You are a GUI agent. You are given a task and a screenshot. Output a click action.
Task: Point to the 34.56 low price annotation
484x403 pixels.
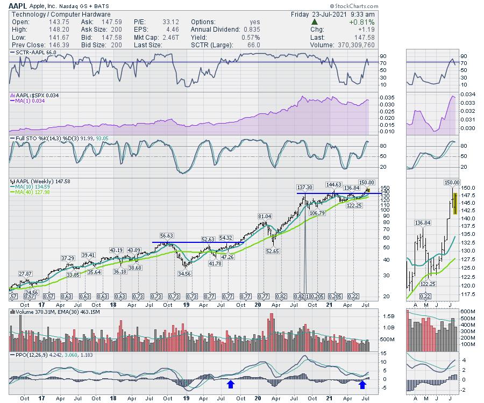(184, 274)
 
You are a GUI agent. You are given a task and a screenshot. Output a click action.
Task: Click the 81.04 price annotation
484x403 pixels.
(264, 216)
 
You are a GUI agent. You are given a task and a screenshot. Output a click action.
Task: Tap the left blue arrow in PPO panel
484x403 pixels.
(231, 384)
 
